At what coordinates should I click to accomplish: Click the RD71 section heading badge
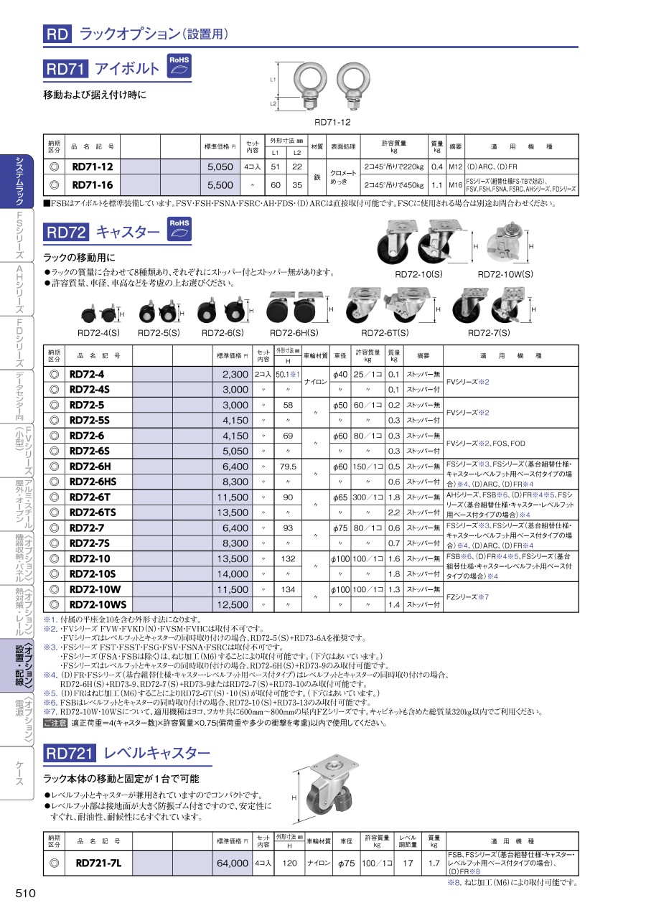coord(66,69)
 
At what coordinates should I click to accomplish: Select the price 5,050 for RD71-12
coord(220,166)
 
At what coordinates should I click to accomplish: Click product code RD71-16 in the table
coord(93,184)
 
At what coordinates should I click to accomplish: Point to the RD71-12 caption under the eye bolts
coord(332,122)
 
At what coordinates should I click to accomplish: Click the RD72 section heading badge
coord(66,232)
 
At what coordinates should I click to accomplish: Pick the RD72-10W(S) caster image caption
coord(505,274)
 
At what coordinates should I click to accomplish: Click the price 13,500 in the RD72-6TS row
coord(232,512)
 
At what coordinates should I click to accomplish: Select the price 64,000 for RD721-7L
coord(232,863)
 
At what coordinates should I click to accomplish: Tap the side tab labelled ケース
coord(18,772)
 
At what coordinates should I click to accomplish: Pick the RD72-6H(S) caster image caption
coord(294,333)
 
